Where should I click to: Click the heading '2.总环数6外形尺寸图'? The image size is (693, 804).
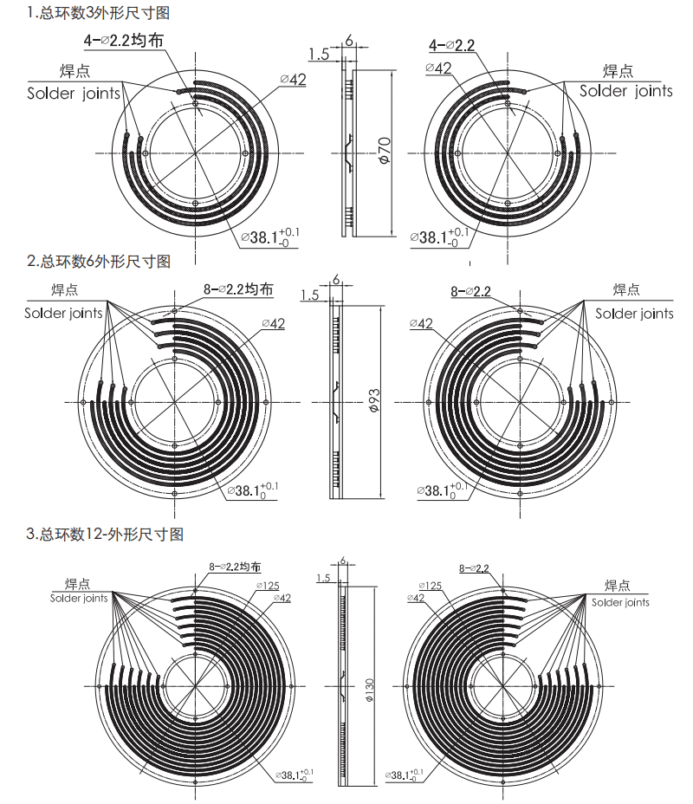(99, 261)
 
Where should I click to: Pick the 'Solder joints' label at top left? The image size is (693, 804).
(74, 93)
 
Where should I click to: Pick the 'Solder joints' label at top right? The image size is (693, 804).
(625, 90)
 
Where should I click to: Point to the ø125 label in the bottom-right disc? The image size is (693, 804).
(430, 586)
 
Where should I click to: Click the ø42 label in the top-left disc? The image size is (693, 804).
(293, 80)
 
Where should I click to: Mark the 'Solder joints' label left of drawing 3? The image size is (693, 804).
(78, 598)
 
